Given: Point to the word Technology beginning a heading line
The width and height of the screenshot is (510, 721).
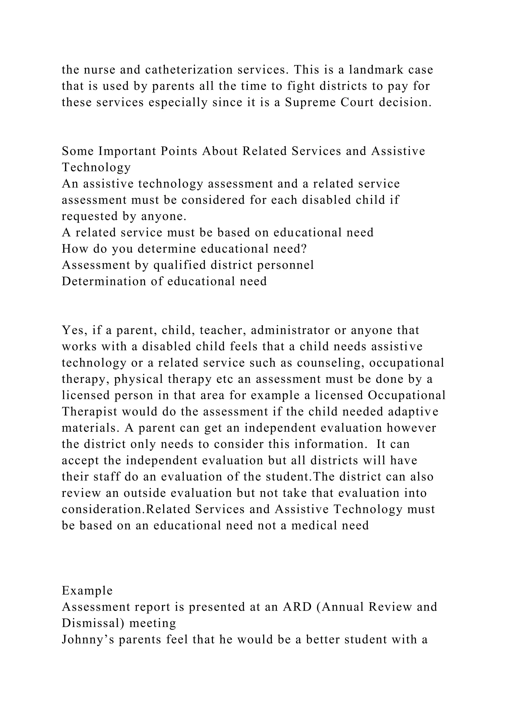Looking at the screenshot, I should tap(96, 168).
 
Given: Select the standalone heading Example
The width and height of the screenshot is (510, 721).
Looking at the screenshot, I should tap(87, 591).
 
